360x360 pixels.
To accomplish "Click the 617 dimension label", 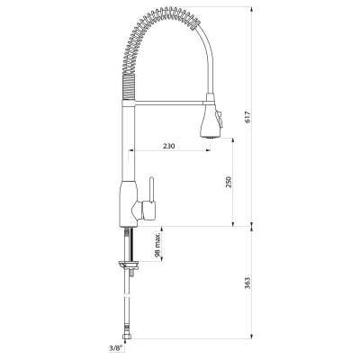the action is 247,117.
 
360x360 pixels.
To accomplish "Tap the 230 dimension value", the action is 169,146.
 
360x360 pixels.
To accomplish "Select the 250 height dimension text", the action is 229,183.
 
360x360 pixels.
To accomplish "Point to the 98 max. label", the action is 158,245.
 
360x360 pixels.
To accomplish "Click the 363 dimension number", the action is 247,283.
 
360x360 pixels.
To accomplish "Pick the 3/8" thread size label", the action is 116,348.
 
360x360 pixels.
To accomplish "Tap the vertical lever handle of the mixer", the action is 152,189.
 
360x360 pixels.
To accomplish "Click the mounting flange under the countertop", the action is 129,264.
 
